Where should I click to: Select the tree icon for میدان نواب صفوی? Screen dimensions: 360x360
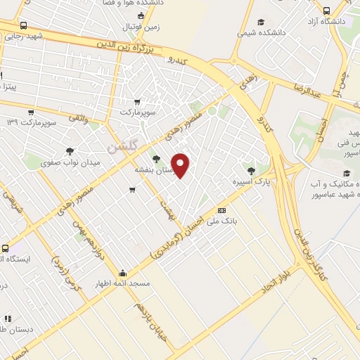(x=70, y=150)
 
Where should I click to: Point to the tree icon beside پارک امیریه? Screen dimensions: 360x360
(x=251, y=170)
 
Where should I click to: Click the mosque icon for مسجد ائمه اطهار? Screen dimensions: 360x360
(x=123, y=274)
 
